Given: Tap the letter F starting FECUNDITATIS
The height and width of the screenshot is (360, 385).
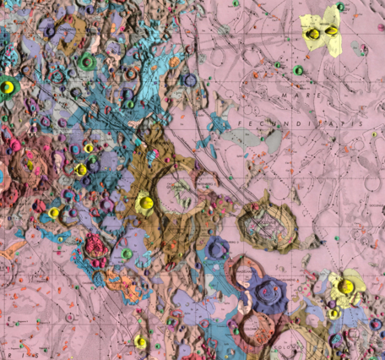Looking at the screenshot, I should pos(241,123).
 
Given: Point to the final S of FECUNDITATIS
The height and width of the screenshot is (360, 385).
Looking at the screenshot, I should pos(363,123).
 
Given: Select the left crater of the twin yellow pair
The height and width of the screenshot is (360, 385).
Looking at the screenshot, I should pos(314,34).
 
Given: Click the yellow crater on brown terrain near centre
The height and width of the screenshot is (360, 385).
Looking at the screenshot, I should pos(144,203).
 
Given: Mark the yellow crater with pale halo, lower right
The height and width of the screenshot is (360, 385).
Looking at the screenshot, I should pos(345,286).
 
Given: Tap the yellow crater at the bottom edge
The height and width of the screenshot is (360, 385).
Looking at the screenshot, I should pos(140,341).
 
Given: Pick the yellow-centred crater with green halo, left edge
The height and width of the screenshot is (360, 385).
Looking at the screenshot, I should pos(9,85).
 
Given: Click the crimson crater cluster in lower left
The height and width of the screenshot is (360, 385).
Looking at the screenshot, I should pos(95,247).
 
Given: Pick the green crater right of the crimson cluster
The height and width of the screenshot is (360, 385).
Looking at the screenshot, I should pos(127,253).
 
